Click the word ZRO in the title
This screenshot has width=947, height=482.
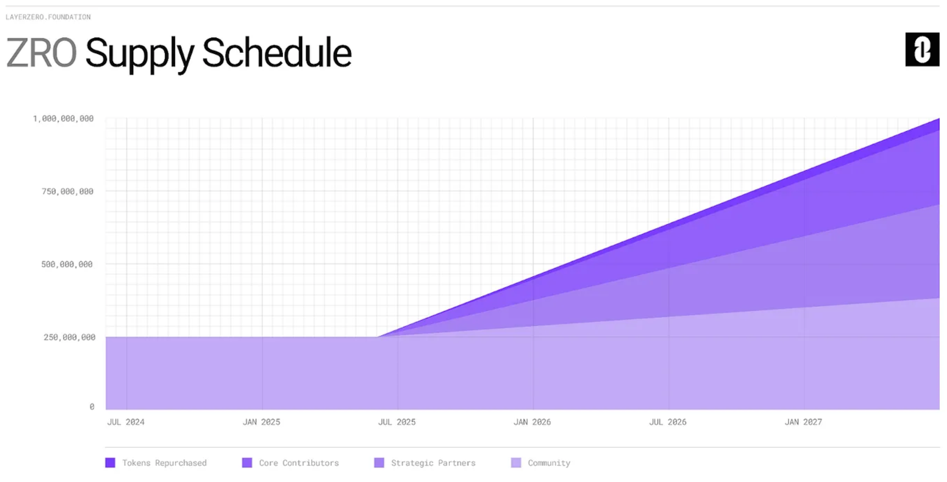point(41,53)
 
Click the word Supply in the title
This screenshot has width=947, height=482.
point(140,55)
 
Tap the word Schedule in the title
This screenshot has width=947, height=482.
point(277,52)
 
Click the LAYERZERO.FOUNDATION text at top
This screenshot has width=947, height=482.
point(48,17)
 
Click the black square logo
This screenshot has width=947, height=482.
point(922,49)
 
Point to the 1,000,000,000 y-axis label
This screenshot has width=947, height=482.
point(63,118)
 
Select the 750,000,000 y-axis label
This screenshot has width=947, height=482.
point(67,191)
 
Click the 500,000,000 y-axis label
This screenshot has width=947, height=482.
point(67,264)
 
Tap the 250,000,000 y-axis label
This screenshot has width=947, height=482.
point(69,337)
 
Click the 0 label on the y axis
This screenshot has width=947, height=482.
point(92,406)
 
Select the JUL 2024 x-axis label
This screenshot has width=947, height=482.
point(126,422)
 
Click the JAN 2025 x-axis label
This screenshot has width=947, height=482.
point(261,422)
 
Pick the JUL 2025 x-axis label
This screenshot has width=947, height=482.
point(397,422)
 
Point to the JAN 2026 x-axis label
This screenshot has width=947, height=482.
point(532,422)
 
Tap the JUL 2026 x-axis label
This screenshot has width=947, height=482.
point(668,422)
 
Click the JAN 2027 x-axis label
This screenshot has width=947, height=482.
point(803,422)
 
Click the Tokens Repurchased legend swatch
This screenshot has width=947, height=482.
point(110,463)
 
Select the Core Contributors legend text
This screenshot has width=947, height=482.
point(299,463)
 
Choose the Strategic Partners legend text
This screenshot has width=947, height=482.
point(433,463)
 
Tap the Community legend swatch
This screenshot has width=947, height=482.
point(516,463)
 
